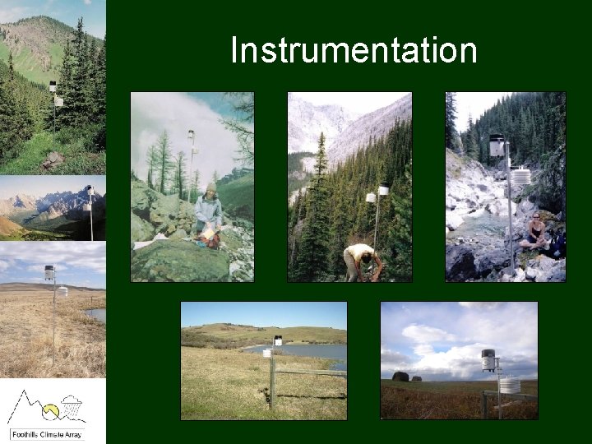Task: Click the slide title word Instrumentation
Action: (x=354, y=50)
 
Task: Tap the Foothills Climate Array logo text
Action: (x=53, y=433)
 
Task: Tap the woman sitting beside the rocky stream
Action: (x=537, y=232)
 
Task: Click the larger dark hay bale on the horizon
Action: (x=400, y=377)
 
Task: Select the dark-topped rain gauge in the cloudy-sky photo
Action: (x=489, y=360)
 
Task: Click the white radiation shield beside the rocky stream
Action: (x=520, y=176)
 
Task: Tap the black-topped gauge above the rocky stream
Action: (x=496, y=146)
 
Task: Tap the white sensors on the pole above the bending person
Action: (x=377, y=192)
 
